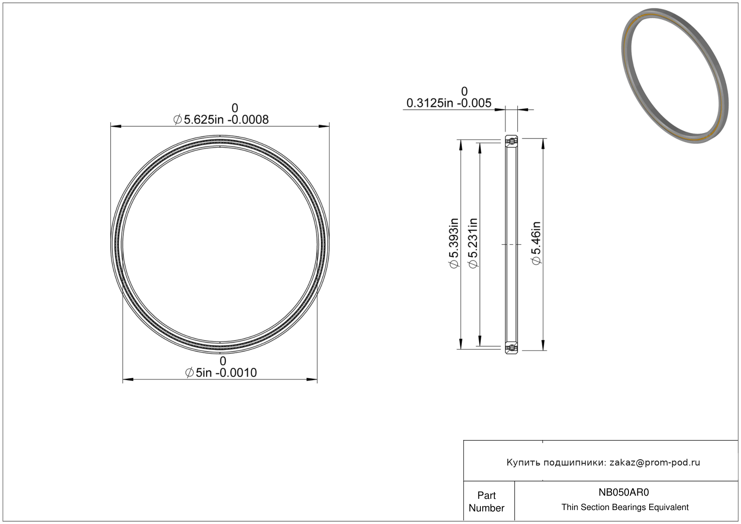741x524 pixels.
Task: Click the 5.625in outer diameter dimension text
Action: click(221, 119)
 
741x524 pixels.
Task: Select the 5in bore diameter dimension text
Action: click(221, 372)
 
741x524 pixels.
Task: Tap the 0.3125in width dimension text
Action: click(448, 103)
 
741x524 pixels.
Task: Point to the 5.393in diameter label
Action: click(454, 243)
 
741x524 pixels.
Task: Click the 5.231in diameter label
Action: click(473, 243)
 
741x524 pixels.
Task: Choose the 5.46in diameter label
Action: click(536, 243)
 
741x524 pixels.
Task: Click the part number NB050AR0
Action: click(624, 492)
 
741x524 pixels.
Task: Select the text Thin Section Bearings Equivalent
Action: click(625, 507)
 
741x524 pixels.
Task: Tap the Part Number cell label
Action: click(486, 502)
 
